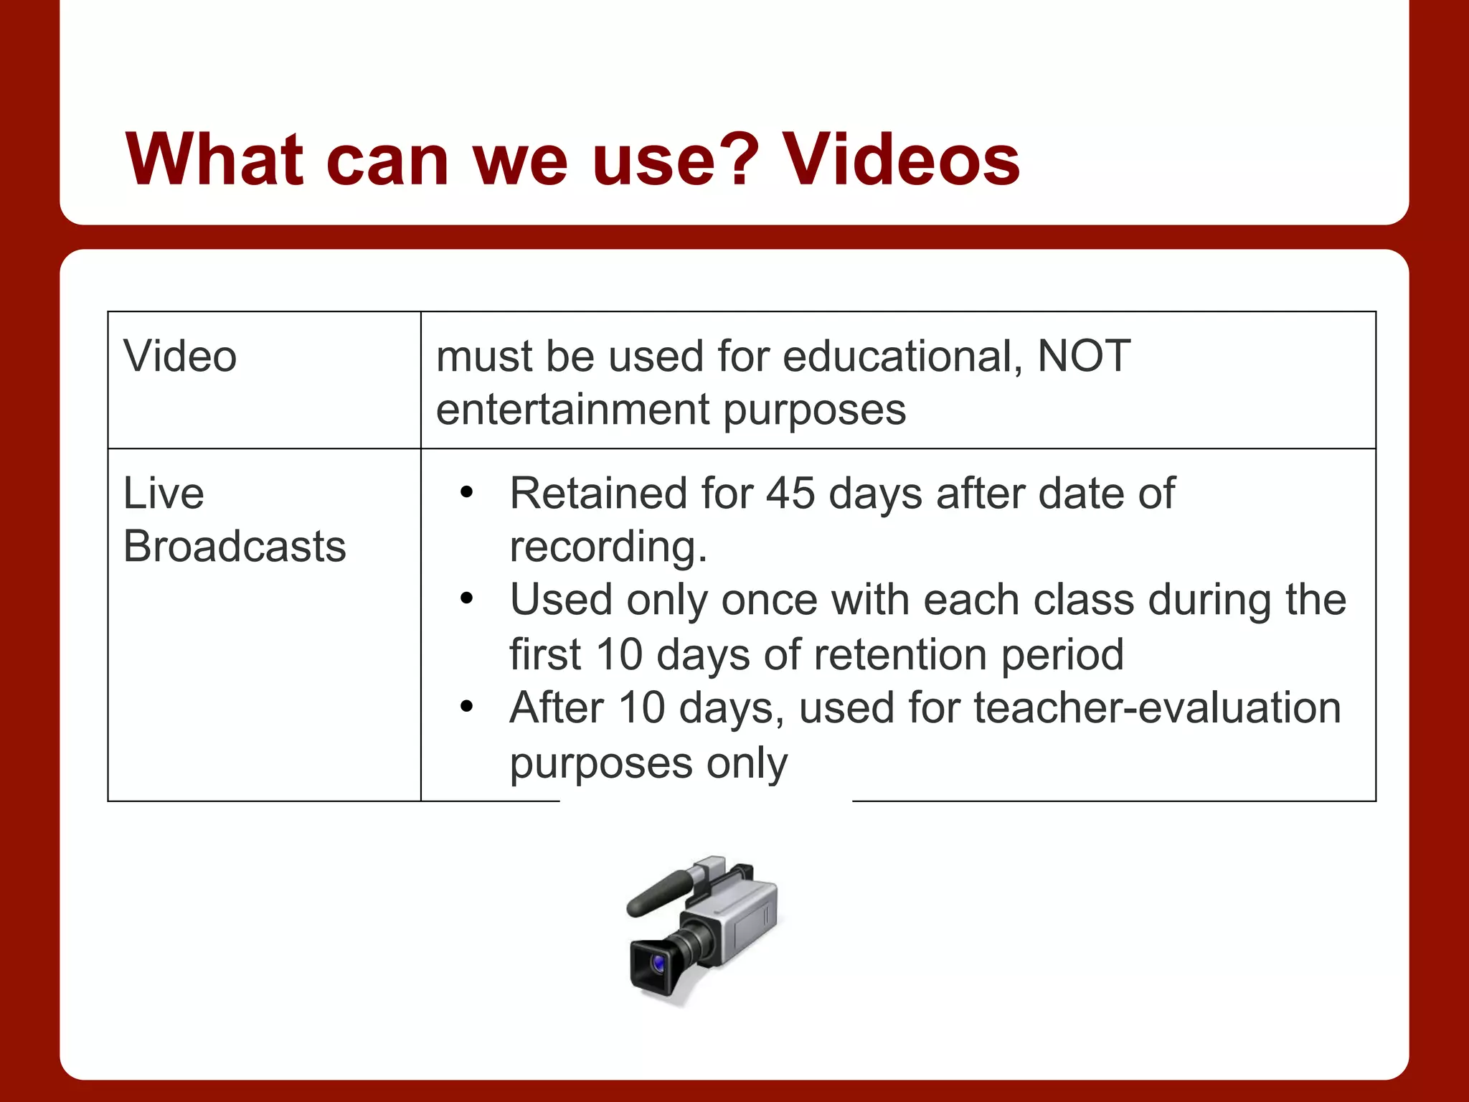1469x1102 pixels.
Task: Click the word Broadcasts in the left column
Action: tap(235, 547)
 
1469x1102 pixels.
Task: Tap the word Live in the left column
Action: tap(164, 494)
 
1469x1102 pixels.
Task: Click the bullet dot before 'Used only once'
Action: tap(467, 599)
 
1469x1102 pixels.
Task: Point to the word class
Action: tap(1083, 600)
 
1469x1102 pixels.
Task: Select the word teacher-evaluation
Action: tap(1157, 708)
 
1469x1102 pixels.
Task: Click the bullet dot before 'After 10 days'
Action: tap(467, 707)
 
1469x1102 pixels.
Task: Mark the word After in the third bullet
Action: tap(557, 708)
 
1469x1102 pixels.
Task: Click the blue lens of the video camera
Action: tap(658, 963)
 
